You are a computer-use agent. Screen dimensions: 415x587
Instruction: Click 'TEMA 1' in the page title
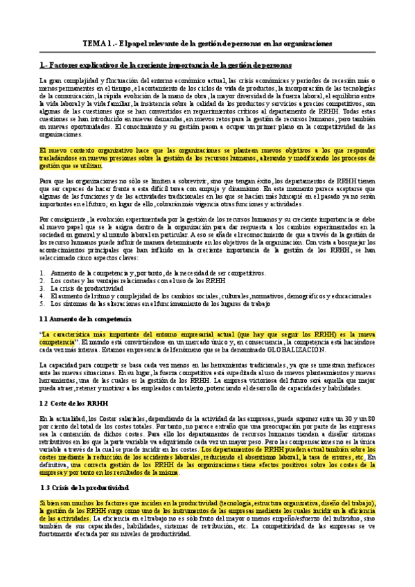[96, 43]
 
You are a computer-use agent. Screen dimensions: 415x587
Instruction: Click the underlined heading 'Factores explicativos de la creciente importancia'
[166, 64]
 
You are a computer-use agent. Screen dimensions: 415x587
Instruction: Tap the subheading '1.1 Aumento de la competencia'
[85, 318]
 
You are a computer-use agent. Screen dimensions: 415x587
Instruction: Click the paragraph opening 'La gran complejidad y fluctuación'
[207, 107]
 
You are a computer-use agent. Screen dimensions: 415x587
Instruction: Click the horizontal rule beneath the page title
[207, 52]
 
